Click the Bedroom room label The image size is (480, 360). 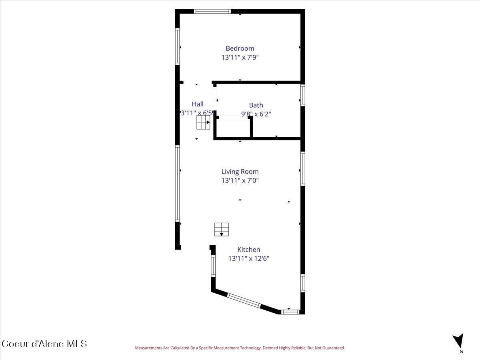(x=240, y=48)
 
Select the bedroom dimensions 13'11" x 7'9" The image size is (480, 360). (x=240, y=57)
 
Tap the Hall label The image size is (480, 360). (x=198, y=104)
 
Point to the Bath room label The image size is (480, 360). (x=256, y=105)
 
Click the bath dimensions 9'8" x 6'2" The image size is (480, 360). (x=256, y=114)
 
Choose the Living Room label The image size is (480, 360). (x=240, y=172)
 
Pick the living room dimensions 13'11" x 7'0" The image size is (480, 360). (x=240, y=180)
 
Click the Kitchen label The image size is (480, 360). (x=249, y=250)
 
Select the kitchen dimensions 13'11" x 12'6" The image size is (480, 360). (x=249, y=258)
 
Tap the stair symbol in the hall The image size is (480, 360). (x=203, y=122)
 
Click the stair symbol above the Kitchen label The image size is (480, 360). (x=221, y=229)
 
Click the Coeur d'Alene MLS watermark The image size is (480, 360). (x=44, y=344)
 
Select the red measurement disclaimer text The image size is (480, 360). (x=240, y=348)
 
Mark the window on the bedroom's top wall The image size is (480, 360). (x=212, y=11)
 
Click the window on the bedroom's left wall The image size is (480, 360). (x=178, y=46)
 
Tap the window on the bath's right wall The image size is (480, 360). (x=303, y=96)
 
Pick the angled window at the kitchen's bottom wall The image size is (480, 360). (x=244, y=300)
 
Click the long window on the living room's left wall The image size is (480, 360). (x=178, y=183)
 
